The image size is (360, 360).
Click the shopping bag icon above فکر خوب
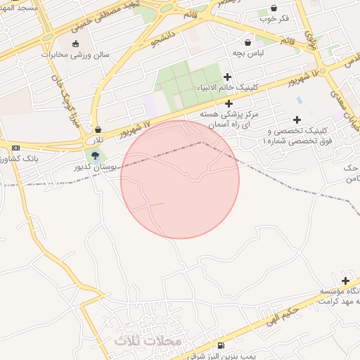[274, 8]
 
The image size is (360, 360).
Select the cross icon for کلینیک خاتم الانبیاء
[227, 77]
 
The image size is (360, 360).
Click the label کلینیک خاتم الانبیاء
[227, 88]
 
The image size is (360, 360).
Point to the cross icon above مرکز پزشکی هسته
[229, 103]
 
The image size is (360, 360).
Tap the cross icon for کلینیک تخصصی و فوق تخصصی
[297, 120]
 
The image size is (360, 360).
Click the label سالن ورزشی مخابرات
[75, 53]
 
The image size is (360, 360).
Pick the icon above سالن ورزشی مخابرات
[75, 43]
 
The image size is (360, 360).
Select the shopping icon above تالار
[97, 129]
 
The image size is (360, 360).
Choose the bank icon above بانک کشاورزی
[15, 148]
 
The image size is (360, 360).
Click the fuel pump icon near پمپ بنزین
[222, 345]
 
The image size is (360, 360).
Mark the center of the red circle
[180, 179]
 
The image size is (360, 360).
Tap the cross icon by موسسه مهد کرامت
[345, 280]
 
